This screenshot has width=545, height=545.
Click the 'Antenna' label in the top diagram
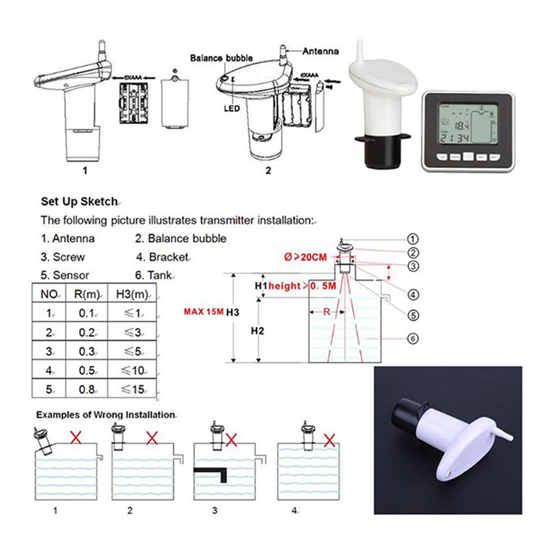point(320,51)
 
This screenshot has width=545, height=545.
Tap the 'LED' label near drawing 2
point(231,108)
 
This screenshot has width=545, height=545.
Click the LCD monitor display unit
point(468,131)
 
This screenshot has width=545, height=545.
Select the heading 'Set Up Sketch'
point(79,201)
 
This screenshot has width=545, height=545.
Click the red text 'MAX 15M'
point(204,313)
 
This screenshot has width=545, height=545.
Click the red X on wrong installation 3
point(231,439)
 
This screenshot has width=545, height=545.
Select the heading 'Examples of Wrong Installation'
point(106,414)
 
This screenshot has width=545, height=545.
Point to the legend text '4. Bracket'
point(162,256)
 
